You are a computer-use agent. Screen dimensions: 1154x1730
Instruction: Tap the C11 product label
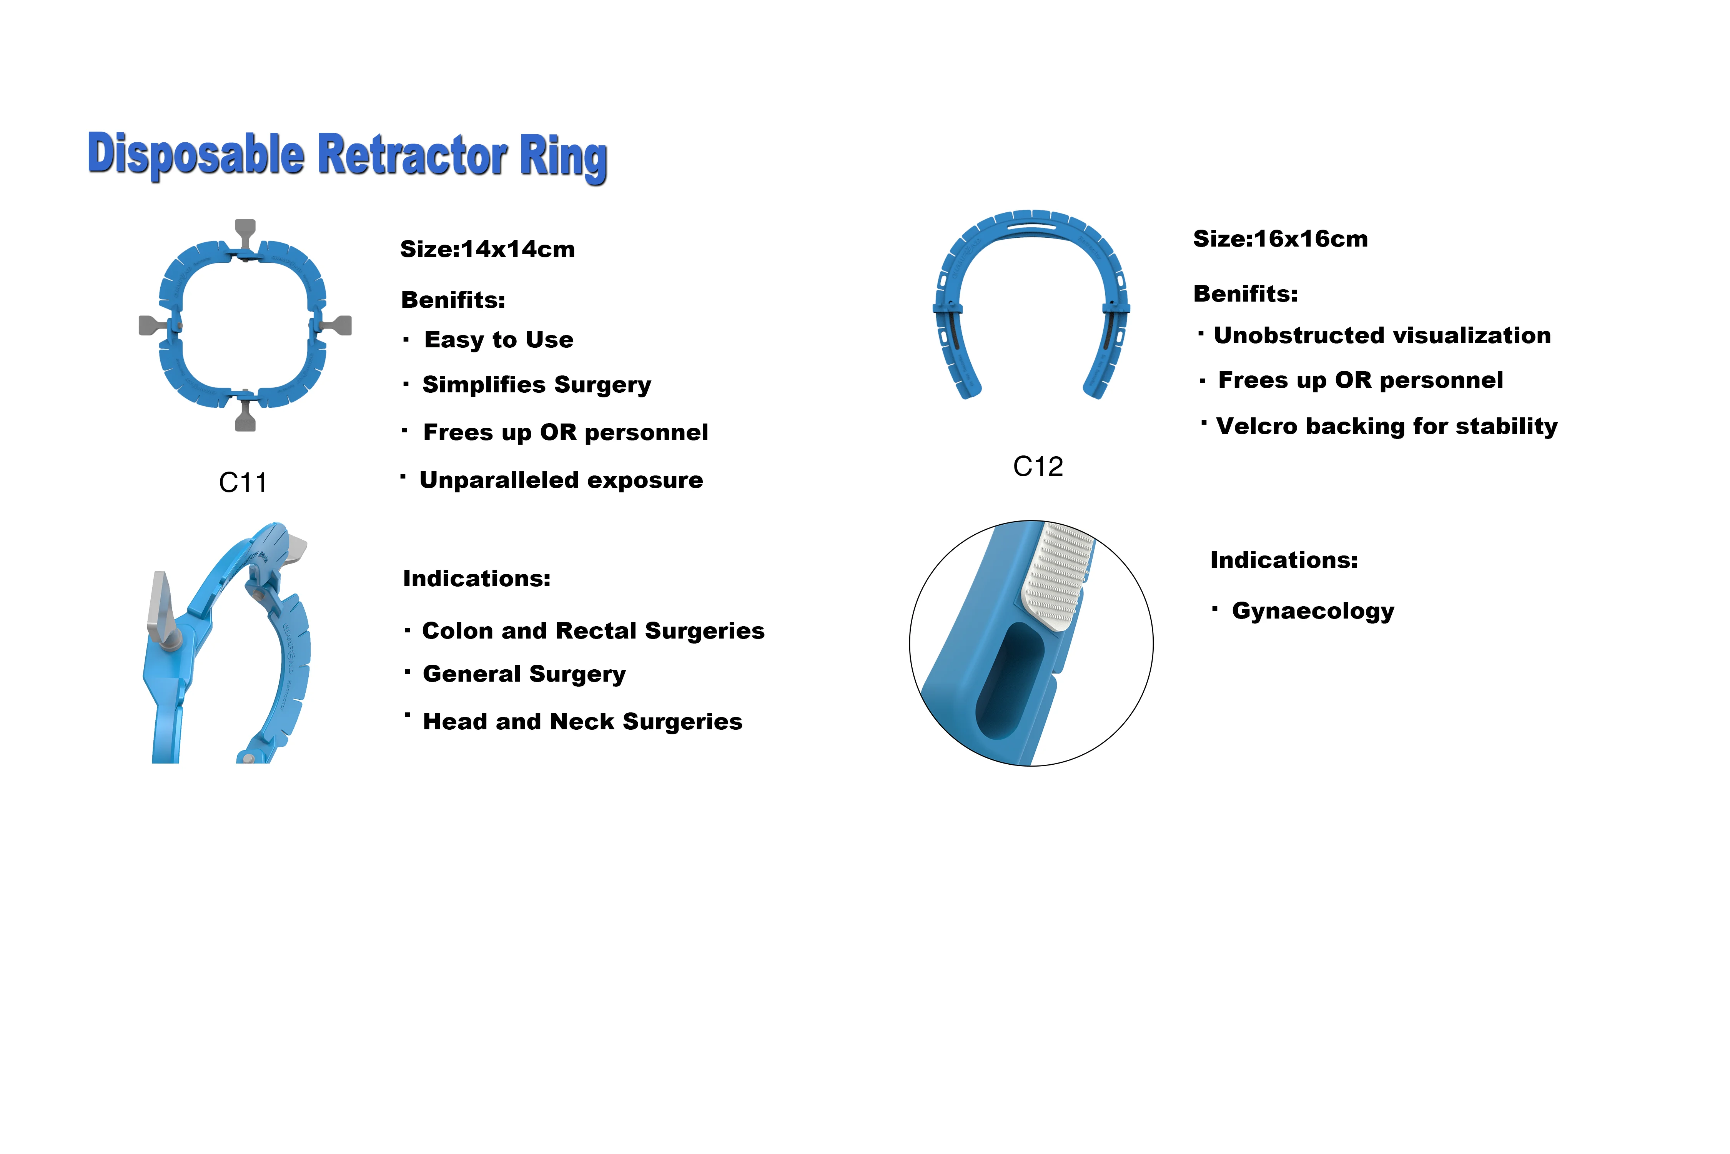[243, 483]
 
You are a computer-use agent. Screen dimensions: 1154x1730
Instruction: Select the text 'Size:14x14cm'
[487, 250]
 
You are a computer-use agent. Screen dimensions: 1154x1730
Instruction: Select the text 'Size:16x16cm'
[1280, 239]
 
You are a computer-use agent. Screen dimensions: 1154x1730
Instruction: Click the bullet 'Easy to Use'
[499, 340]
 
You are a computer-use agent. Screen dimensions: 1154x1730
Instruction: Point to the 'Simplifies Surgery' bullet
[536, 385]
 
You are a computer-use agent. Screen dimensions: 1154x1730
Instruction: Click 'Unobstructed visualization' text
[1381, 335]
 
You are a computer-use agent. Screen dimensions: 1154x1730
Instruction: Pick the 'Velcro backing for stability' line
[1387, 427]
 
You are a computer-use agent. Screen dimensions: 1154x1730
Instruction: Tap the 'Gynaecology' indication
[1312, 611]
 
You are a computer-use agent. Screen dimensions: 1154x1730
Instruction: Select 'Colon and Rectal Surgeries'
[593, 631]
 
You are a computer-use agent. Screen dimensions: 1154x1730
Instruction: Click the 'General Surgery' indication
[524, 674]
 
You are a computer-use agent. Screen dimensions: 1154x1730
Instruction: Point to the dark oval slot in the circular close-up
[1009, 681]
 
